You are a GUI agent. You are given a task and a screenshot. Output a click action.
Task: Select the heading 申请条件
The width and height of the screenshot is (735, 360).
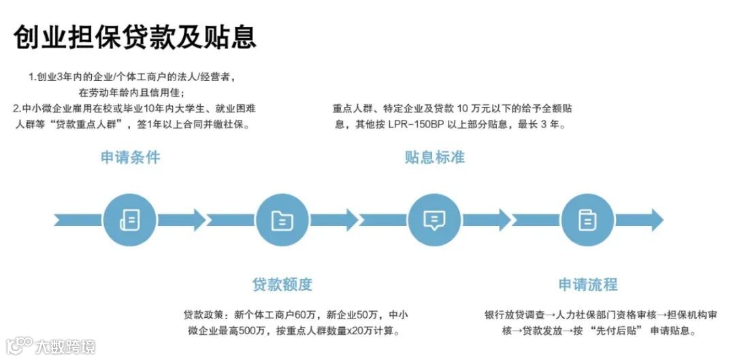(131, 157)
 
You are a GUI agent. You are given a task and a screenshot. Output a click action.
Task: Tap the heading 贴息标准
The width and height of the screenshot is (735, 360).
(434, 157)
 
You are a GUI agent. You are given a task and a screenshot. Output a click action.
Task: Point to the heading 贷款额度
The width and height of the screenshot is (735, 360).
(282, 284)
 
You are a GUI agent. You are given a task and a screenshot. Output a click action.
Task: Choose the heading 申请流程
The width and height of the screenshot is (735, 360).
(588, 284)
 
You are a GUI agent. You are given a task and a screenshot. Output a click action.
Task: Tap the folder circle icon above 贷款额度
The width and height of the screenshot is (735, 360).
(282, 219)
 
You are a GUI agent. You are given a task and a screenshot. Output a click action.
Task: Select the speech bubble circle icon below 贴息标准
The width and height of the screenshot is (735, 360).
(434, 219)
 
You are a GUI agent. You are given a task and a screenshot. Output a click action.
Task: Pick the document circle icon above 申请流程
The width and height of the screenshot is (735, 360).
(587, 219)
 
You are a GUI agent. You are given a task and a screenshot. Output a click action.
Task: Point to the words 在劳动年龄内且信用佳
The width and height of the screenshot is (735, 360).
(131, 92)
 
